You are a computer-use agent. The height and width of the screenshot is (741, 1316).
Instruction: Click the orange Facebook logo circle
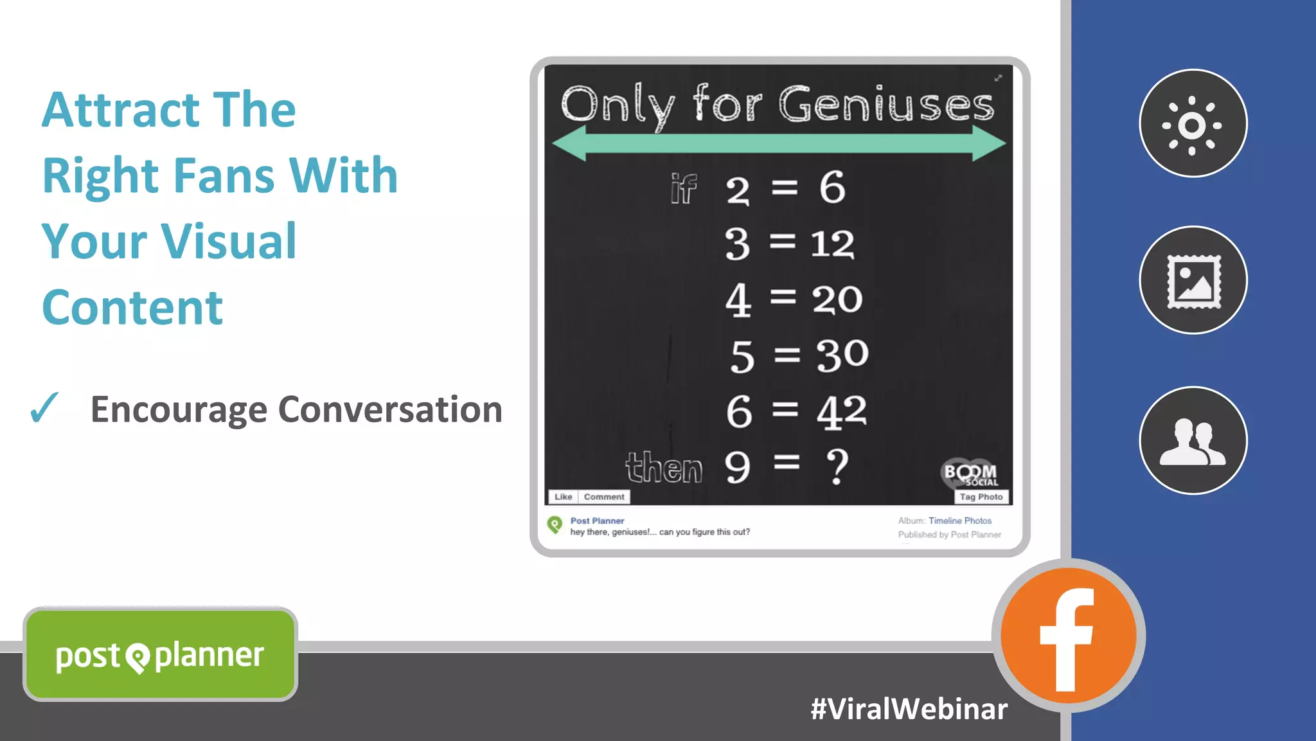pos(1068,636)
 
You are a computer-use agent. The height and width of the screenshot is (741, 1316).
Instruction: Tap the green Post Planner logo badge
pos(160,654)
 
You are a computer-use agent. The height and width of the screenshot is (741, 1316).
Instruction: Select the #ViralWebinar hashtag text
pos(909,709)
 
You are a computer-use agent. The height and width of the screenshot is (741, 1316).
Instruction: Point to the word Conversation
pos(390,409)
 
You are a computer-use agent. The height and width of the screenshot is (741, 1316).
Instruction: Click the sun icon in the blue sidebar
pos(1193,123)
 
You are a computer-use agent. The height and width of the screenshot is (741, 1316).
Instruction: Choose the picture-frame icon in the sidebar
pos(1193,280)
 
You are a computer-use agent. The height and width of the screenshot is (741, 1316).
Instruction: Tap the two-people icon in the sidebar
pos(1193,441)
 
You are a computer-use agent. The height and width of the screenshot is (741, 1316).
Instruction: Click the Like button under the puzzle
pos(563,497)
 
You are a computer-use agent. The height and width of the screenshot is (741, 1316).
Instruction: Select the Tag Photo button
pos(981,497)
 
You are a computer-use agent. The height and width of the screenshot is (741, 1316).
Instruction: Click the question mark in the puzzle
pos(837,467)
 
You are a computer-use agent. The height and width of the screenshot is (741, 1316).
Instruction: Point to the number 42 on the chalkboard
pos(841,411)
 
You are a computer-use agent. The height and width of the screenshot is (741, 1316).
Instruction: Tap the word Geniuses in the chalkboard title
pos(887,104)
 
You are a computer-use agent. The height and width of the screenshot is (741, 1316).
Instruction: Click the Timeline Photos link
pos(959,521)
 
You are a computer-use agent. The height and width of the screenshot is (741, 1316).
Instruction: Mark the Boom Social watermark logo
pos(970,474)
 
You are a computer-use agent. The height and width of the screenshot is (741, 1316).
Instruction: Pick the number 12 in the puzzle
pos(832,244)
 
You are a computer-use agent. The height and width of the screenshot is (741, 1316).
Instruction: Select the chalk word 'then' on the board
pos(664,467)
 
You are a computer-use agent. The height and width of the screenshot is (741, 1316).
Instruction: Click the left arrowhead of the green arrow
pos(569,144)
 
